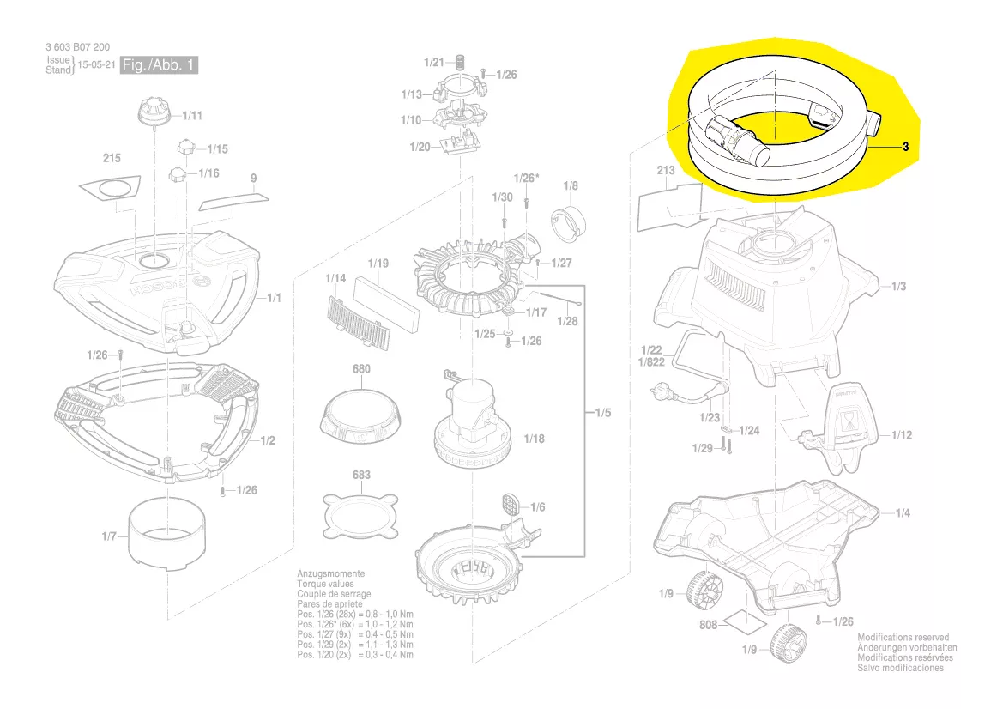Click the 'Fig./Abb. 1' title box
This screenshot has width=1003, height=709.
coord(159,64)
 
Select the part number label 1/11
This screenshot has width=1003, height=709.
coord(192,116)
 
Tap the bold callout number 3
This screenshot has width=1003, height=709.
coord(905,147)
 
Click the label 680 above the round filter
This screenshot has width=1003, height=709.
coord(361,369)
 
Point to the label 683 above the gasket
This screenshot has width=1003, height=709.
coord(361,475)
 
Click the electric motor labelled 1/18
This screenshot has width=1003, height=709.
coord(472,422)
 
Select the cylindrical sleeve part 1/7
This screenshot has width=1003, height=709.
coord(167,532)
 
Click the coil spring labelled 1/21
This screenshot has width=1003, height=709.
coord(459,62)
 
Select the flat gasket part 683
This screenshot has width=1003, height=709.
coord(361,517)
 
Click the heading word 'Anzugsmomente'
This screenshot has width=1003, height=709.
coord(330,573)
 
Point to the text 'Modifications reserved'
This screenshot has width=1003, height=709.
coord(903,638)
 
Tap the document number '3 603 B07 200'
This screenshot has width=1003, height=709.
coord(77,46)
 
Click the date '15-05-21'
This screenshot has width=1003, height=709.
coord(97,64)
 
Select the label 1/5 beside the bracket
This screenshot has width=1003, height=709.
coord(602,413)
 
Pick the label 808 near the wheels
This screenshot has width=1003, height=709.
coord(708,625)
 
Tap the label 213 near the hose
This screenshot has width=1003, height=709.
coord(666,170)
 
